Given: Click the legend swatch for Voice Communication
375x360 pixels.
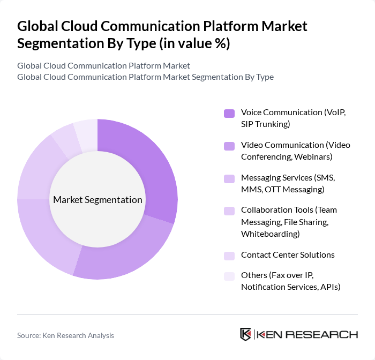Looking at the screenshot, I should coord(229,113).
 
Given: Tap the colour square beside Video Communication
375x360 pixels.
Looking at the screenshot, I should coord(229,146).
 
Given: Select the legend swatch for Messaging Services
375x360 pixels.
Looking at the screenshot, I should coord(229,178).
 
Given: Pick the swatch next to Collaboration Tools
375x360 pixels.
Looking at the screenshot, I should coord(229,211).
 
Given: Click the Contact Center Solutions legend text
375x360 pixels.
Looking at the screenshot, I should coord(288,255).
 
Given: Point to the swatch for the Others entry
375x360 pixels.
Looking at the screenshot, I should coord(229,276).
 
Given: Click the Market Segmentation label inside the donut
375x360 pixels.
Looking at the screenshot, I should coord(97,200).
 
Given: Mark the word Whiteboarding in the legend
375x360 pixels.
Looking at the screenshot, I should coord(270,234).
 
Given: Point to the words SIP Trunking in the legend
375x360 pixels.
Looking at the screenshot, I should coord(265,124).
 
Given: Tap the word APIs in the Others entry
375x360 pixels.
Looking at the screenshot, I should coord(330,287).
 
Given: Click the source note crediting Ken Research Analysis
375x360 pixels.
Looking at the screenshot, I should coord(65,335).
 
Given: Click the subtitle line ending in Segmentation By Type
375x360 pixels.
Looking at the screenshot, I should coord(145,77).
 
